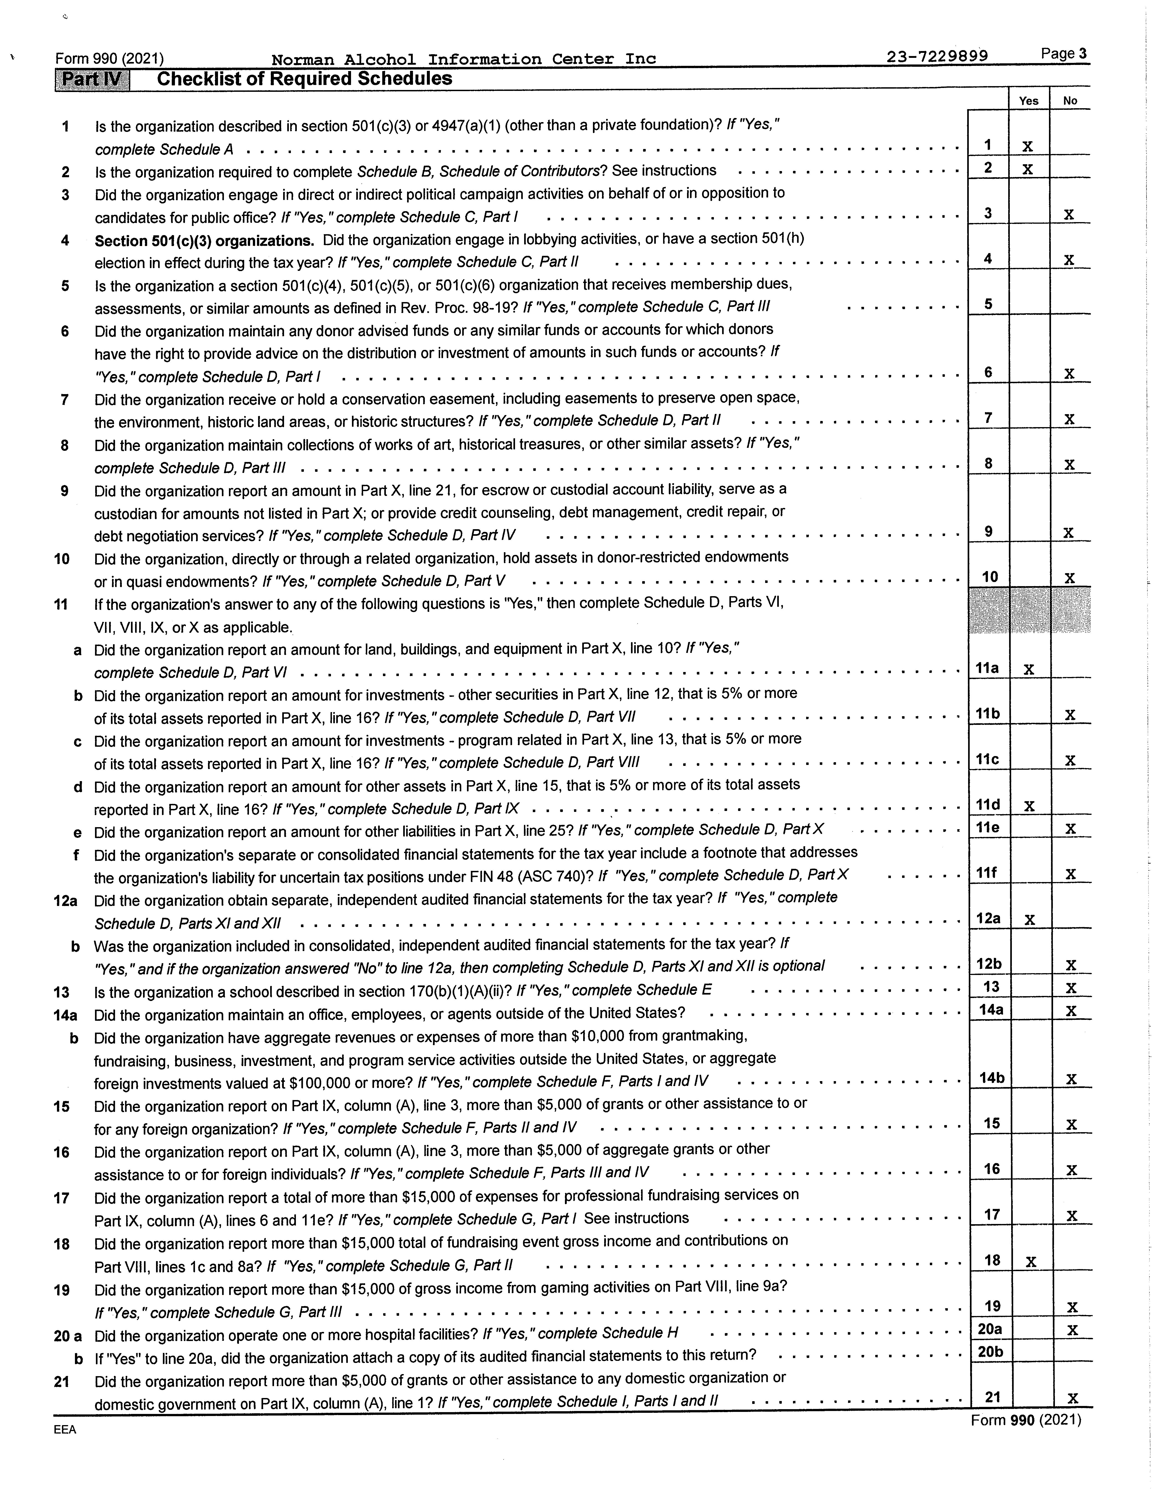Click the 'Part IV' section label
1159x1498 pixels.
click(x=92, y=80)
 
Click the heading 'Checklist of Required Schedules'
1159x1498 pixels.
click(x=305, y=79)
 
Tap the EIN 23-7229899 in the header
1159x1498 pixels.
click(x=937, y=57)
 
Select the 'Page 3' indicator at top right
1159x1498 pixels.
click(x=1064, y=54)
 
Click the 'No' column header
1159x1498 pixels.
click(x=1070, y=101)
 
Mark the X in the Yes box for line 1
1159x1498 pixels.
click(x=1027, y=146)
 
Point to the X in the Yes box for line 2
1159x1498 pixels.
click(x=1027, y=169)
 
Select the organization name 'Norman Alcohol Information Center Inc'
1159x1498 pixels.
click(x=464, y=59)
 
